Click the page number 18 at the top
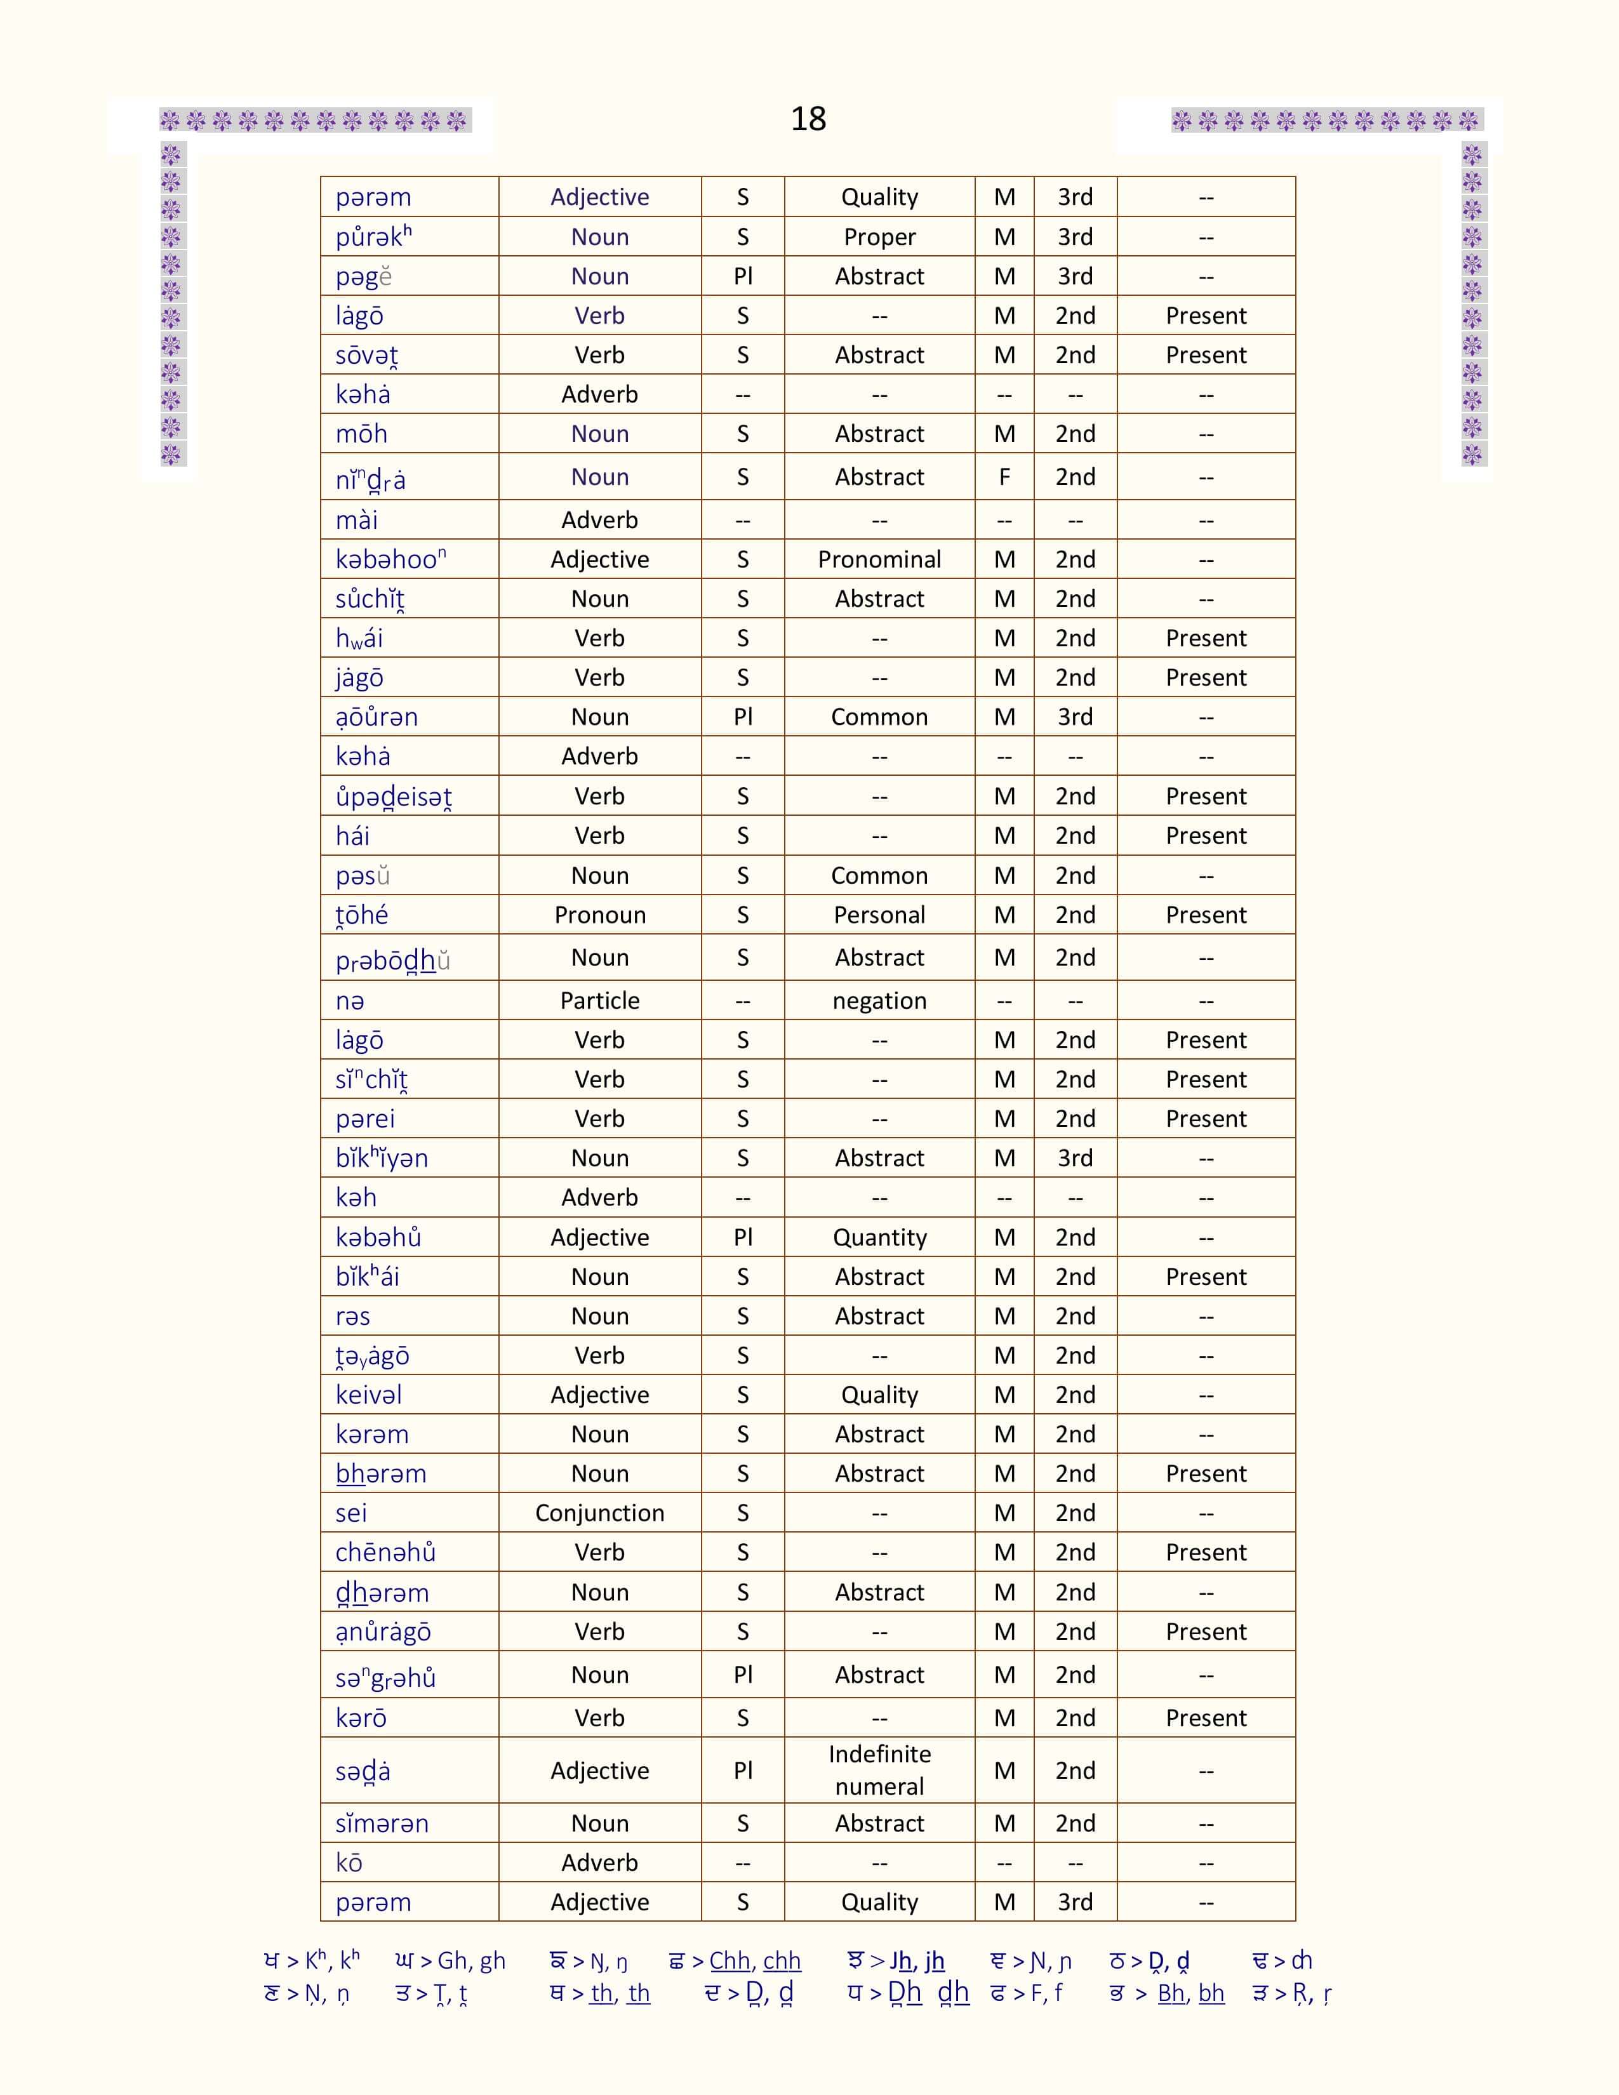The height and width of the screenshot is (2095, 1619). pyautogui.click(x=808, y=119)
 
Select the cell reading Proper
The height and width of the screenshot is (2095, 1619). pyautogui.click(x=879, y=237)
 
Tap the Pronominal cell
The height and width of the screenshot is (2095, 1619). pyautogui.click(x=879, y=559)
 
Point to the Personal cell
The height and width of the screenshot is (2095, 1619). pyautogui.click(x=879, y=915)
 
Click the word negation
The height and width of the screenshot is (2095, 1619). pyautogui.click(x=879, y=1001)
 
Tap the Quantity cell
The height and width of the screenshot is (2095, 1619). pyautogui.click(x=879, y=1237)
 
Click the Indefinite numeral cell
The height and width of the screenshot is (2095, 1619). pyautogui.click(x=879, y=1770)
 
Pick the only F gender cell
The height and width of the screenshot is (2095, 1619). pyautogui.click(x=1004, y=477)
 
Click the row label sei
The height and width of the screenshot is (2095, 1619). pyautogui.click(x=351, y=1513)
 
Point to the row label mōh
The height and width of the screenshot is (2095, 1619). pyautogui.click(x=362, y=434)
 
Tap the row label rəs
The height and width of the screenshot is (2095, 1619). pyautogui.click(x=353, y=1316)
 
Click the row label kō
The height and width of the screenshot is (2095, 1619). pyautogui.click(x=349, y=1863)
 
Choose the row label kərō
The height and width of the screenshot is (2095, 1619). pyautogui.click(x=361, y=1718)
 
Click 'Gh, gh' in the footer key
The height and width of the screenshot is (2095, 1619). pyautogui.click(x=471, y=1960)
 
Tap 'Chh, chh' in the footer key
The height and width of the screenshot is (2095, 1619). pyautogui.click(x=755, y=1960)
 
